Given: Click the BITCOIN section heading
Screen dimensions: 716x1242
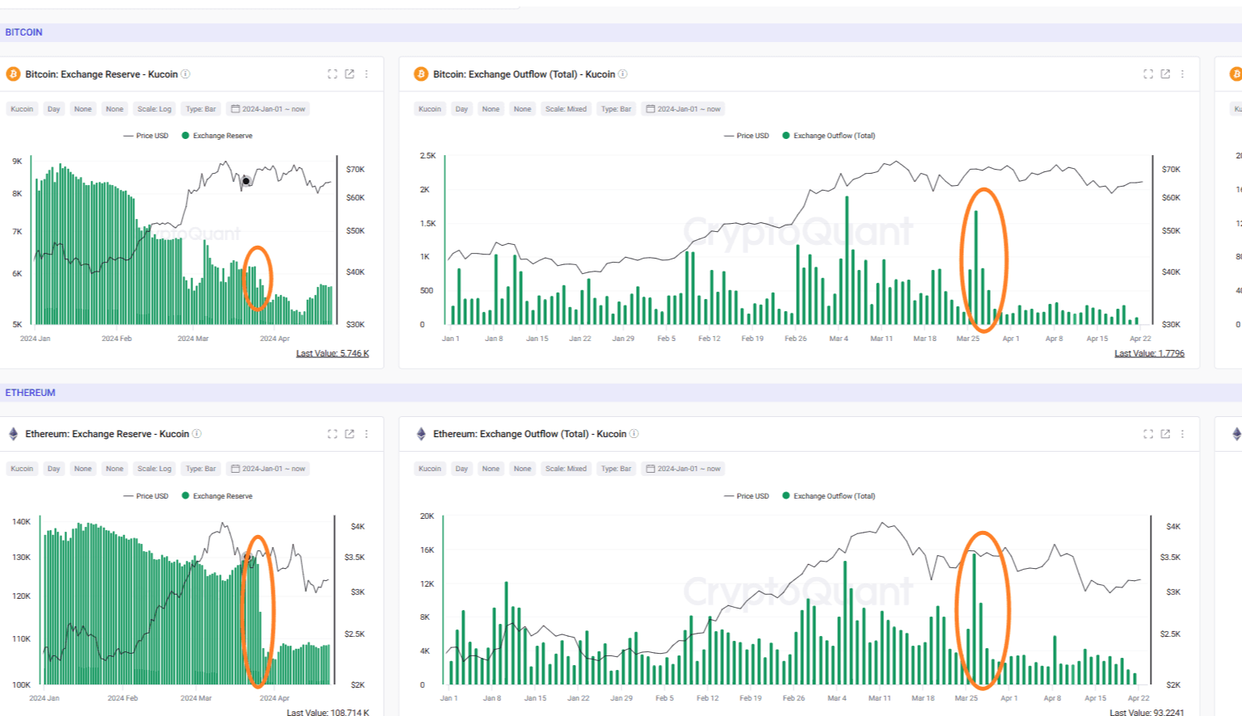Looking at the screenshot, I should click(x=23, y=32).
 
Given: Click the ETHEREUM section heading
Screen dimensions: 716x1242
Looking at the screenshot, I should click(x=30, y=393).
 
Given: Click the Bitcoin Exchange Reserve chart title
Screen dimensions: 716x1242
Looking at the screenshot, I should click(x=101, y=74).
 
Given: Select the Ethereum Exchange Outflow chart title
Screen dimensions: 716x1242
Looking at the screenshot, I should click(x=529, y=434).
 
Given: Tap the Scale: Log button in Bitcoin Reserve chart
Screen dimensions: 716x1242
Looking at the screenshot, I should click(x=154, y=109).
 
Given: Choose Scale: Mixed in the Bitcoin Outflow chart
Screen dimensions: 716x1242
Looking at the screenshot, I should click(x=566, y=109).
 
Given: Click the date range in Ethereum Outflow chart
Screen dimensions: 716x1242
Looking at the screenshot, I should click(x=683, y=469).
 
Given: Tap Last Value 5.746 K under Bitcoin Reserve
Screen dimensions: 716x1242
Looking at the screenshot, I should click(x=332, y=353).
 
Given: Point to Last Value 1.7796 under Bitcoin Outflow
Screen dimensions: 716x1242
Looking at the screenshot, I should click(x=1149, y=353).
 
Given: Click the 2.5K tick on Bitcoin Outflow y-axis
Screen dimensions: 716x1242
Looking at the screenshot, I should click(x=427, y=155).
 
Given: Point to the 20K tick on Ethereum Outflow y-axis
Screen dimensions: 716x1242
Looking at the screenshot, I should click(x=427, y=516).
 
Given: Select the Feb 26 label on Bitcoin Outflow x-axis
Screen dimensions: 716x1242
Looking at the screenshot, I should click(x=795, y=339).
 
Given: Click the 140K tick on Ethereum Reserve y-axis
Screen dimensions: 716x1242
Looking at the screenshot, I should click(x=21, y=522).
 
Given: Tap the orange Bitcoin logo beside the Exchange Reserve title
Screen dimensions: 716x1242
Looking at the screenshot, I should click(x=13, y=74).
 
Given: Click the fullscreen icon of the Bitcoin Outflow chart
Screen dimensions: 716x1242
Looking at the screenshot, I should click(x=1147, y=74).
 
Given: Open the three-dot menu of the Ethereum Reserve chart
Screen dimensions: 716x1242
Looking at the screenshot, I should click(x=366, y=434).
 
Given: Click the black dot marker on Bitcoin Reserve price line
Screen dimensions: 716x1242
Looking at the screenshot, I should click(x=246, y=181).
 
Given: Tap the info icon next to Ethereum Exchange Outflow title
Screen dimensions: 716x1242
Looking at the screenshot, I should click(x=634, y=434).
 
